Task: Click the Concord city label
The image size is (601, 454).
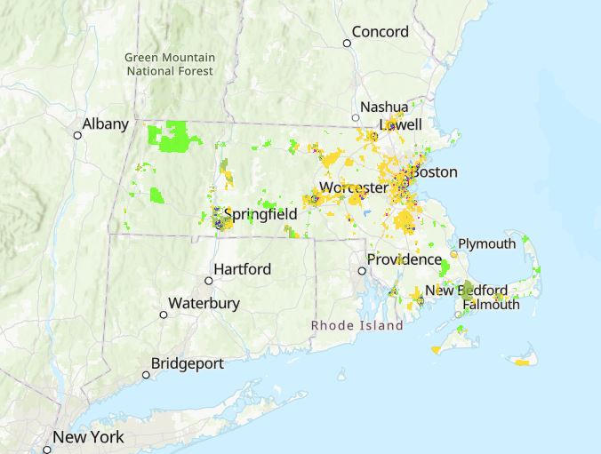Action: click(380, 32)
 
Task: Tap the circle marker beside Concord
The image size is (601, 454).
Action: click(348, 43)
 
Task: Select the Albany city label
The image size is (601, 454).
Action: click(105, 124)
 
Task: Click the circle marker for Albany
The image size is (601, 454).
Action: click(77, 135)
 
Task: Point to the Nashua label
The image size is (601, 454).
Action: click(385, 108)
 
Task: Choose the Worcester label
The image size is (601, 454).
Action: click(353, 188)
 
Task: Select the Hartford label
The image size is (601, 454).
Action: click(242, 268)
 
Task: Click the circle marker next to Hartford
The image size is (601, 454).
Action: click(209, 280)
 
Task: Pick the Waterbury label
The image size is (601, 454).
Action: click(204, 303)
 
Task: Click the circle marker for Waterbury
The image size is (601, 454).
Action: click(164, 315)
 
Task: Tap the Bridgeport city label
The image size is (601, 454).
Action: click(187, 363)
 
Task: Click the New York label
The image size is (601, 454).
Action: click(88, 437)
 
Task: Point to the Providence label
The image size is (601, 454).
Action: click(405, 259)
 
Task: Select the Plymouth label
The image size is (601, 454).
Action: click(486, 243)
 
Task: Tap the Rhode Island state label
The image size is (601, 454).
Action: click(357, 325)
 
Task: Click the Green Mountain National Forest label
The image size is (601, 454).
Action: click(170, 64)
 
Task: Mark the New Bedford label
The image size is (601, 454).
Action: click(466, 291)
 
